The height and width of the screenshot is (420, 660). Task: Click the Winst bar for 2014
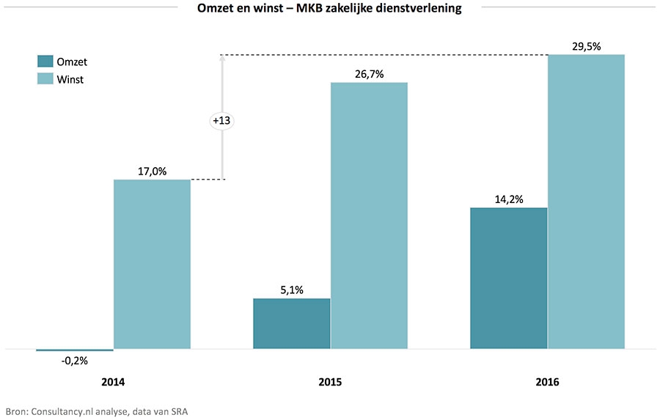152,264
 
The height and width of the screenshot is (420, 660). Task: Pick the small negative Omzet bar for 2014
75,350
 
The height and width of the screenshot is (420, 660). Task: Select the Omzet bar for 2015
291,323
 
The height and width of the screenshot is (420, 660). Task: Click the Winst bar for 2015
369,215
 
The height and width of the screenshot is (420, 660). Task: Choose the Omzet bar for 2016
508,278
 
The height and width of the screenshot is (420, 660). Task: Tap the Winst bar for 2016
586,202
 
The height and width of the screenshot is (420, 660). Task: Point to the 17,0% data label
152,172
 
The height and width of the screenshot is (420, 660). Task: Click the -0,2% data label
74,361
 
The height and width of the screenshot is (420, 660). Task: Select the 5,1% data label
291,290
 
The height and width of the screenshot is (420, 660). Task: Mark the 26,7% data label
369,74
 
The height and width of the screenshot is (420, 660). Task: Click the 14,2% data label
508,199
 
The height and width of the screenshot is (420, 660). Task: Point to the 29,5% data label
586,46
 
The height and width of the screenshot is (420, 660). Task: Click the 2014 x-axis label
113,383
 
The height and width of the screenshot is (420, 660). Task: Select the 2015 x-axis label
330,383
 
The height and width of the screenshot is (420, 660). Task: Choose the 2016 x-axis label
547,383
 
